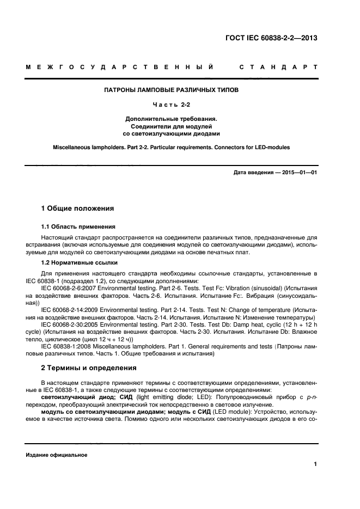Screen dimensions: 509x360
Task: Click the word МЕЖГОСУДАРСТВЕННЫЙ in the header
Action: (x=119, y=68)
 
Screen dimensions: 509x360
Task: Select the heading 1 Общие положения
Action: (x=78, y=208)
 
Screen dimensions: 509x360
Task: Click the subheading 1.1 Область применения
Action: (x=78, y=226)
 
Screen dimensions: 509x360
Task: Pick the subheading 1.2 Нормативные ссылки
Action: (x=79, y=262)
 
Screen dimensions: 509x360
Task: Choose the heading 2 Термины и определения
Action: (x=89, y=367)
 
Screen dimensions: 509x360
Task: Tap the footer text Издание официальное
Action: (x=57, y=455)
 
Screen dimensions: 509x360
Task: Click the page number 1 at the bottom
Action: (x=315, y=464)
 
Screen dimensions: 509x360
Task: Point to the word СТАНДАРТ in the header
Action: (x=278, y=68)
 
